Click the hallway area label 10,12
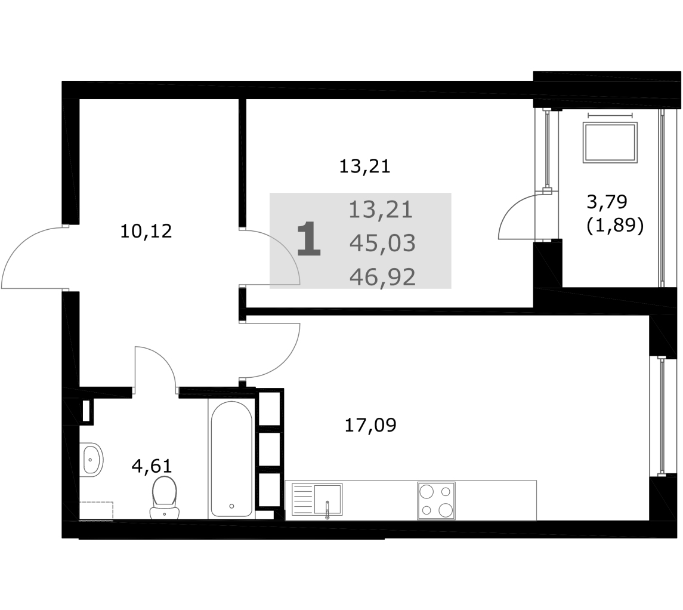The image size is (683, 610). pos(146,232)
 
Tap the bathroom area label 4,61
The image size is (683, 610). pos(152,466)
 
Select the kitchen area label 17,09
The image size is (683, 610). pos(370,425)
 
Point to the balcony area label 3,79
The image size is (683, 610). pos(607,202)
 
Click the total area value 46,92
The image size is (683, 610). pos(382,277)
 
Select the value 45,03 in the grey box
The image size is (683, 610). pos(382,243)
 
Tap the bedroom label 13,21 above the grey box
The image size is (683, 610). pos(364,166)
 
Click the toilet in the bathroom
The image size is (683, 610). pos(164,497)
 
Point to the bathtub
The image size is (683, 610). pos(231,458)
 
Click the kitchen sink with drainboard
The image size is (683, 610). pos(317,500)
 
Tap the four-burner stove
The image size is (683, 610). pos(436,501)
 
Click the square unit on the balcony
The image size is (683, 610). pos(610,143)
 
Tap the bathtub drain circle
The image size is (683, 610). pos(231,506)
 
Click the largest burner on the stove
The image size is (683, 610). pos(445,510)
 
